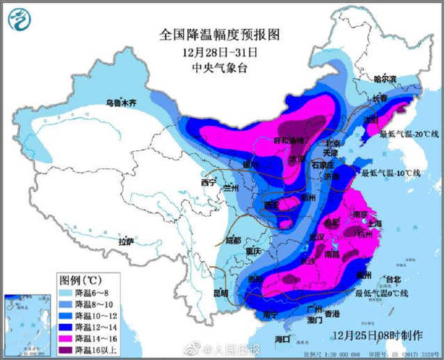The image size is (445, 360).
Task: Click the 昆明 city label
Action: pos(220,293)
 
